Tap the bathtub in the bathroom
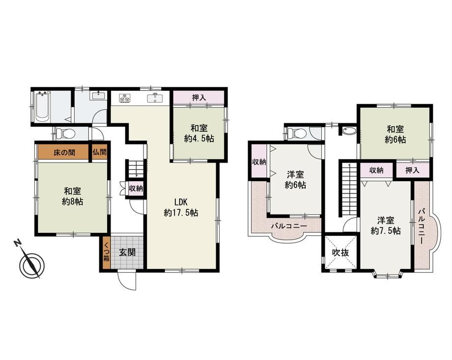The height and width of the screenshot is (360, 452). click(43, 107)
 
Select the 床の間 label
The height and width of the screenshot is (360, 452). click(64, 152)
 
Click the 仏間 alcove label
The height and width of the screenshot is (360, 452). click(99, 152)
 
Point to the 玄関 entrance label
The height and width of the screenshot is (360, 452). click(127, 253)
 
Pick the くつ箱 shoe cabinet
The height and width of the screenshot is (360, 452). click(107, 252)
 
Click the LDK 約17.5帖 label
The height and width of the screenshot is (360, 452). click(181, 207)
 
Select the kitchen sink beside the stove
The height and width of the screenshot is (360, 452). click(155, 98)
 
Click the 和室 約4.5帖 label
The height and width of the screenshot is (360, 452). click(199, 133)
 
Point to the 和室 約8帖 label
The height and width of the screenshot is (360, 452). click(72, 196)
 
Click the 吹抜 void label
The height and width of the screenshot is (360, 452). click(340, 253)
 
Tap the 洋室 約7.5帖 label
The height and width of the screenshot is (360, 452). click(386, 226)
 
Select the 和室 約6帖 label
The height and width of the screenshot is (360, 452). click(395, 134)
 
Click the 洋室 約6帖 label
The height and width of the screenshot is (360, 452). click(295, 179)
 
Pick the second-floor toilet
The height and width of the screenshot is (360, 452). click(297, 134)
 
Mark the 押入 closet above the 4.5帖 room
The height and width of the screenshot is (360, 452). click(199, 98)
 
